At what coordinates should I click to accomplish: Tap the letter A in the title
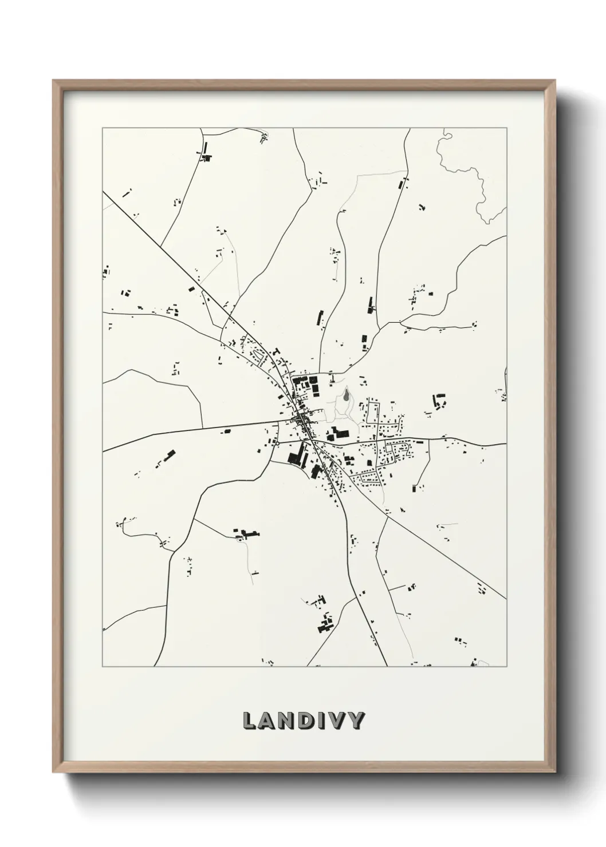268,721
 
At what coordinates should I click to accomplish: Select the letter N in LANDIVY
289,721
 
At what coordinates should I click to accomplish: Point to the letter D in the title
310,721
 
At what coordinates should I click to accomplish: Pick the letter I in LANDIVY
324,721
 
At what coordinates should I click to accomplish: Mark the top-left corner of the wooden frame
53,81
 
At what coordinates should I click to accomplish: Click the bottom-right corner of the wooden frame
555,771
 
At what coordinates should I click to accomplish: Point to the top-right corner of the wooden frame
555,81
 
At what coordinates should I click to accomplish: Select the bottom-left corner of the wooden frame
53,771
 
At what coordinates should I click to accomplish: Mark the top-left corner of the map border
103,128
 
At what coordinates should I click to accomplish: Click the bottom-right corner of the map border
506,667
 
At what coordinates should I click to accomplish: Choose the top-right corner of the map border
506,128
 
